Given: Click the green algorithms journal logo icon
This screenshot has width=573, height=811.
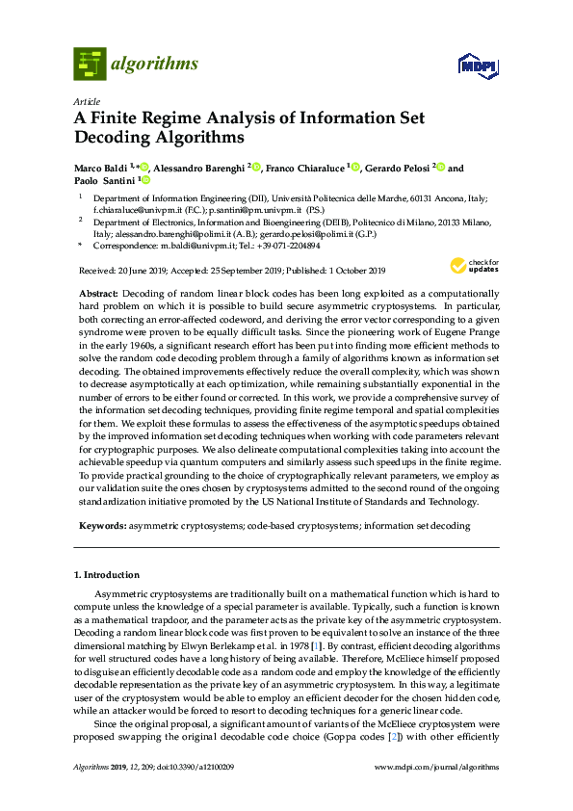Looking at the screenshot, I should click(x=89, y=65).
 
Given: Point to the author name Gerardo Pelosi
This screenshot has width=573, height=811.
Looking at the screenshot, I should click(x=396, y=168).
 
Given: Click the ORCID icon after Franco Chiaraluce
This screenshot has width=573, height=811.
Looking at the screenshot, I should click(x=355, y=167).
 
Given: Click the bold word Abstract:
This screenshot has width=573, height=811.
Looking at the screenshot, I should click(x=97, y=291).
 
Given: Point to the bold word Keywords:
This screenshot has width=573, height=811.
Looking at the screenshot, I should click(x=100, y=526).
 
